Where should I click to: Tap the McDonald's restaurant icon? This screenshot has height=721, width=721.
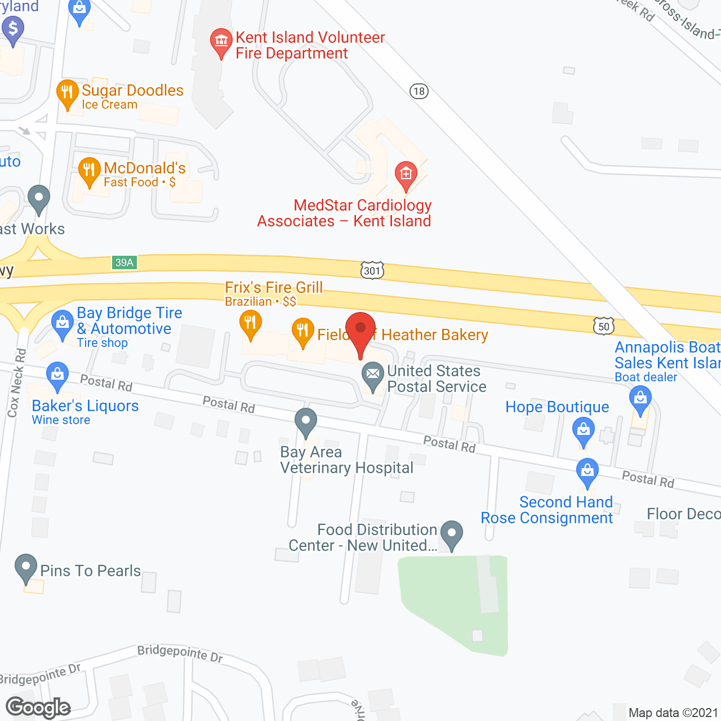pyautogui.click(x=89, y=170)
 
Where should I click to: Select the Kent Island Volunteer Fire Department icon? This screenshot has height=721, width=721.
pyautogui.click(x=221, y=41)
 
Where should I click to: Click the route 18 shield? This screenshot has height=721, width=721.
pyautogui.click(x=419, y=91)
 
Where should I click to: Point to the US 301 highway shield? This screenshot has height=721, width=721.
pyautogui.click(x=372, y=271)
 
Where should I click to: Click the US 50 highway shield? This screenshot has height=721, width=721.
pyautogui.click(x=603, y=326)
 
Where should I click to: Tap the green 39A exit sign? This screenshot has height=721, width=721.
pyautogui.click(x=124, y=262)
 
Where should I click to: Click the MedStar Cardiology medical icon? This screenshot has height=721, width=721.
pyautogui.click(x=406, y=173)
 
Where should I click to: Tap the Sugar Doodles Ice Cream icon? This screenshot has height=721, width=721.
pyautogui.click(x=67, y=92)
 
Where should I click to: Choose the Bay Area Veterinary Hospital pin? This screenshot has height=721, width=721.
pyautogui.click(x=306, y=421)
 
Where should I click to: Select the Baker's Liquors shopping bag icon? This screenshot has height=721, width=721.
pyautogui.click(x=57, y=375)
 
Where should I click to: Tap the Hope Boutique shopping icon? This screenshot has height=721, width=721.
pyautogui.click(x=584, y=431)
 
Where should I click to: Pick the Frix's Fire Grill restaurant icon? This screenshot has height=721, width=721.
pyautogui.click(x=251, y=324)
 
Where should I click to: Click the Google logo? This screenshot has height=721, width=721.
pyautogui.click(x=38, y=707)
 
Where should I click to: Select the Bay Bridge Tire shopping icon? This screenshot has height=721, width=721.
pyautogui.click(x=62, y=324)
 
